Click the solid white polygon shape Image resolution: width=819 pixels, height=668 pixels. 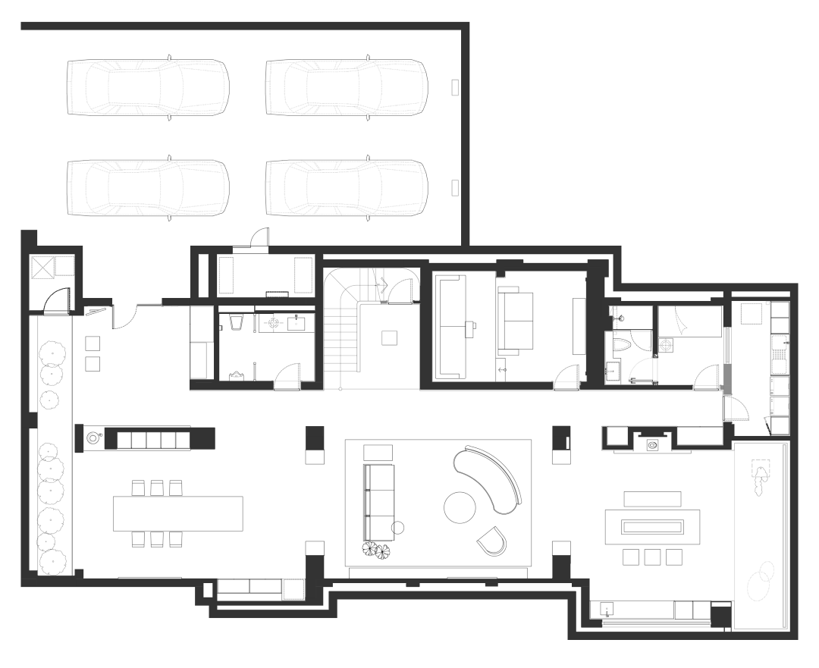pyautogui.click(x=136, y=270)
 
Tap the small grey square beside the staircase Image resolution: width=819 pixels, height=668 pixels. pyautogui.click(x=389, y=338)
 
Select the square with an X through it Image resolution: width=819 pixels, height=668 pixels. pyautogui.click(x=41, y=267)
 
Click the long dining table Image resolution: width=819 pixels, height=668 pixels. pyautogui.click(x=177, y=513)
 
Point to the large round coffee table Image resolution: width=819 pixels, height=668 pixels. pyautogui.click(x=460, y=507)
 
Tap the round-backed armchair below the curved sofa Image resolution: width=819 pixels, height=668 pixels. pyautogui.click(x=493, y=541)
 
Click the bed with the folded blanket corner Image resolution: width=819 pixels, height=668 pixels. pyautogui.click(x=689, y=321)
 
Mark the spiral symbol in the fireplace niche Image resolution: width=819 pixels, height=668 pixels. pyautogui.click(x=652, y=446)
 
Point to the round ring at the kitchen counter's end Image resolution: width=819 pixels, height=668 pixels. pyautogui.click(x=94, y=437)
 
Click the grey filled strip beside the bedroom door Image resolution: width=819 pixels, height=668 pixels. pyautogui.click(x=726, y=379)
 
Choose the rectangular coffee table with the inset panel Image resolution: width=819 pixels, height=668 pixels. pyautogui.click(x=651, y=525)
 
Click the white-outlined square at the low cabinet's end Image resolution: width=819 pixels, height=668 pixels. pyautogui.click(x=293, y=589)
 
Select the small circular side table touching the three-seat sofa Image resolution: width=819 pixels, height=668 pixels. pyautogui.click(x=398, y=528)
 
